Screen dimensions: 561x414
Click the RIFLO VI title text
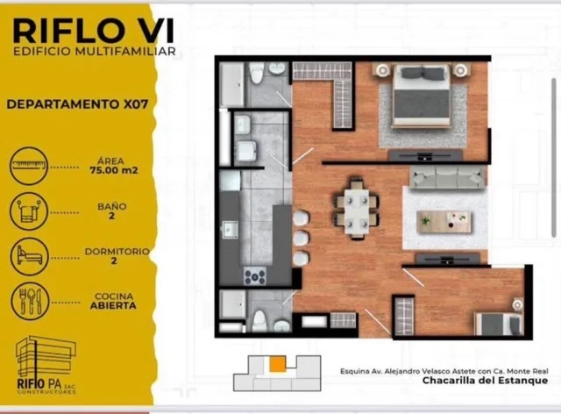click(94, 32)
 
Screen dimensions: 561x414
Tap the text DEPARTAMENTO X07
click(77, 104)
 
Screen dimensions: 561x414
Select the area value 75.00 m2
click(114, 170)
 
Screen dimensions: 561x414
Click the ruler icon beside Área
click(29, 166)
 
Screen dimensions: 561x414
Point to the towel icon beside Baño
click(29, 211)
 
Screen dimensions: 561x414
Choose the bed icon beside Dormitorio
click(29, 256)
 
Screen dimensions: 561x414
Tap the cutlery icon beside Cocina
click(30, 302)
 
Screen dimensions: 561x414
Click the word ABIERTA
click(113, 305)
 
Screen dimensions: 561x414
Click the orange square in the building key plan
click(278, 363)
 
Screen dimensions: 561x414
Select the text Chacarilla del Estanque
click(485, 381)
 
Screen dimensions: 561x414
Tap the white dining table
click(357, 211)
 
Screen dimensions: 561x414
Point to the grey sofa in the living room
click(447, 178)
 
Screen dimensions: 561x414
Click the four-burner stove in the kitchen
click(255, 276)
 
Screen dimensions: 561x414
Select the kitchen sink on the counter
click(230, 229)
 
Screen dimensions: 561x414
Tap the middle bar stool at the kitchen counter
click(301, 238)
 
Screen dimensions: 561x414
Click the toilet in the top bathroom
click(256, 73)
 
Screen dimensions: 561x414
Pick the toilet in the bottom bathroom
click(259, 321)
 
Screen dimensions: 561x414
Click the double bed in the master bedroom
click(422, 96)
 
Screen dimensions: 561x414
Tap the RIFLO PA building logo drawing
click(46, 356)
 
